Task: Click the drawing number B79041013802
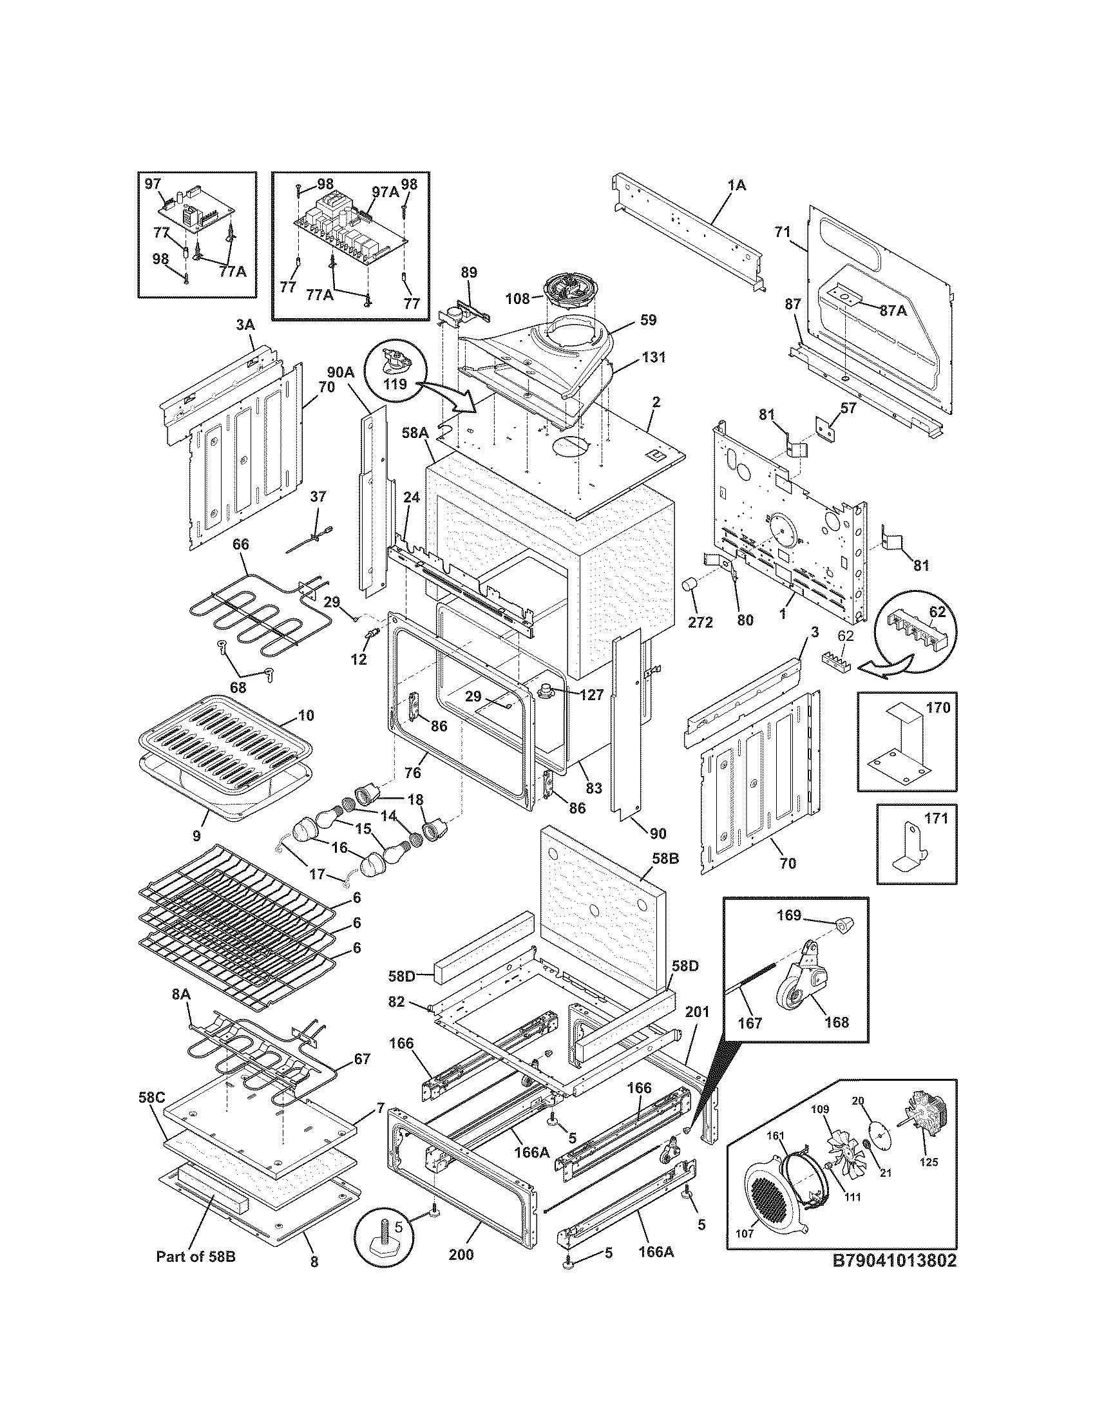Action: click(895, 1260)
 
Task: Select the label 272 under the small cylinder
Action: click(701, 622)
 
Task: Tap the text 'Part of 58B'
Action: click(195, 1257)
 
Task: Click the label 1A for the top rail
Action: click(736, 185)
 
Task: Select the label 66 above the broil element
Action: click(240, 544)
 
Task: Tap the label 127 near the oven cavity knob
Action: click(591, 695)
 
